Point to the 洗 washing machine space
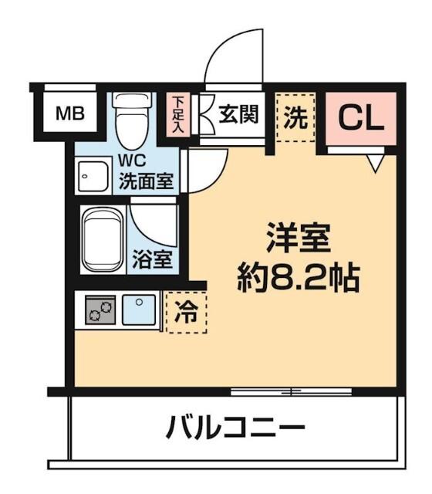(x=297, y=118)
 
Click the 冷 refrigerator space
(x=187, y=313)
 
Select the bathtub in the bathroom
(x=101, y=239)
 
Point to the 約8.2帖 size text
(x=298, y=276)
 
